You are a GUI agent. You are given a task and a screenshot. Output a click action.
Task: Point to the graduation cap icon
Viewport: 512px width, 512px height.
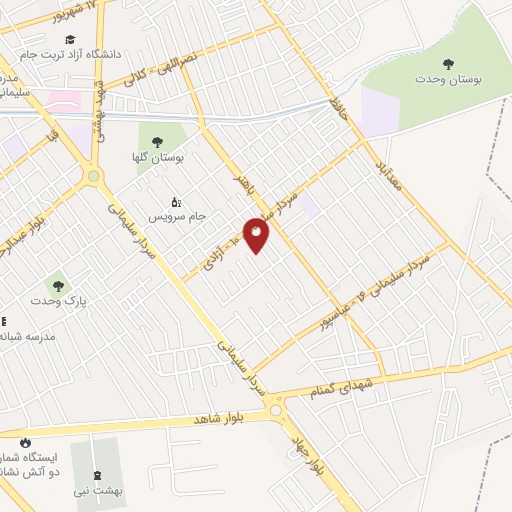pos(71,39)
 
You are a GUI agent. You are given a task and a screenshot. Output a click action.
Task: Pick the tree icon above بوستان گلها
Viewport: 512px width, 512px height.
pos(156,141)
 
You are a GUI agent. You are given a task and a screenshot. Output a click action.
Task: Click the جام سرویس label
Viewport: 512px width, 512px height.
pos(176,214)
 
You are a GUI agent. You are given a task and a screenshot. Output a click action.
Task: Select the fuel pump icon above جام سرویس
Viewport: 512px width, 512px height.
pos(176,200)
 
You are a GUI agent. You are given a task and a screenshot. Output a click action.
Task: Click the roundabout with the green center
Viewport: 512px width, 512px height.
pos(93,176)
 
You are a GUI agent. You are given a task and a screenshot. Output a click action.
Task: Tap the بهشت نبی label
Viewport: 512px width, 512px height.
pos(97,490)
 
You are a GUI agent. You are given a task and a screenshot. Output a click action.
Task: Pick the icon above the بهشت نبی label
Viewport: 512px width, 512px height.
pos(97,475)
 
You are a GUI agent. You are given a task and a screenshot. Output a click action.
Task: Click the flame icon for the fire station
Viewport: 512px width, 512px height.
pos(25,442)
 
